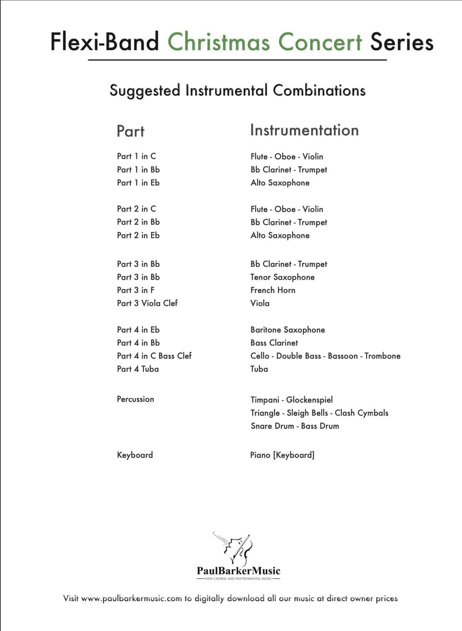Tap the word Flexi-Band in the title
pos(105,42)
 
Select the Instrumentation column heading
pos(304,130)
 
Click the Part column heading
pos(130,131)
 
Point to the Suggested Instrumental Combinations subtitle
pos(238,90)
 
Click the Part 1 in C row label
pos(136,156)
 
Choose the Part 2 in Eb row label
pos(138,235)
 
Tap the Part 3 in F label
pos(135,290)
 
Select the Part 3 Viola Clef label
pos(147,303)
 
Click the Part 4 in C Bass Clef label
pos(154,356)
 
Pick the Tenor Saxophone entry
pos(282,277)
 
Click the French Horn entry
pos(273,290)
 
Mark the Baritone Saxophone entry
pos(288,330)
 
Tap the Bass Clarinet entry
pos(274,343)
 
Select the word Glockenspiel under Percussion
pos(309,400)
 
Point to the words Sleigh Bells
pos(307,413)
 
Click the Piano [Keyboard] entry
pos(282,455)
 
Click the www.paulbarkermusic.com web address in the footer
pos(131,598)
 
